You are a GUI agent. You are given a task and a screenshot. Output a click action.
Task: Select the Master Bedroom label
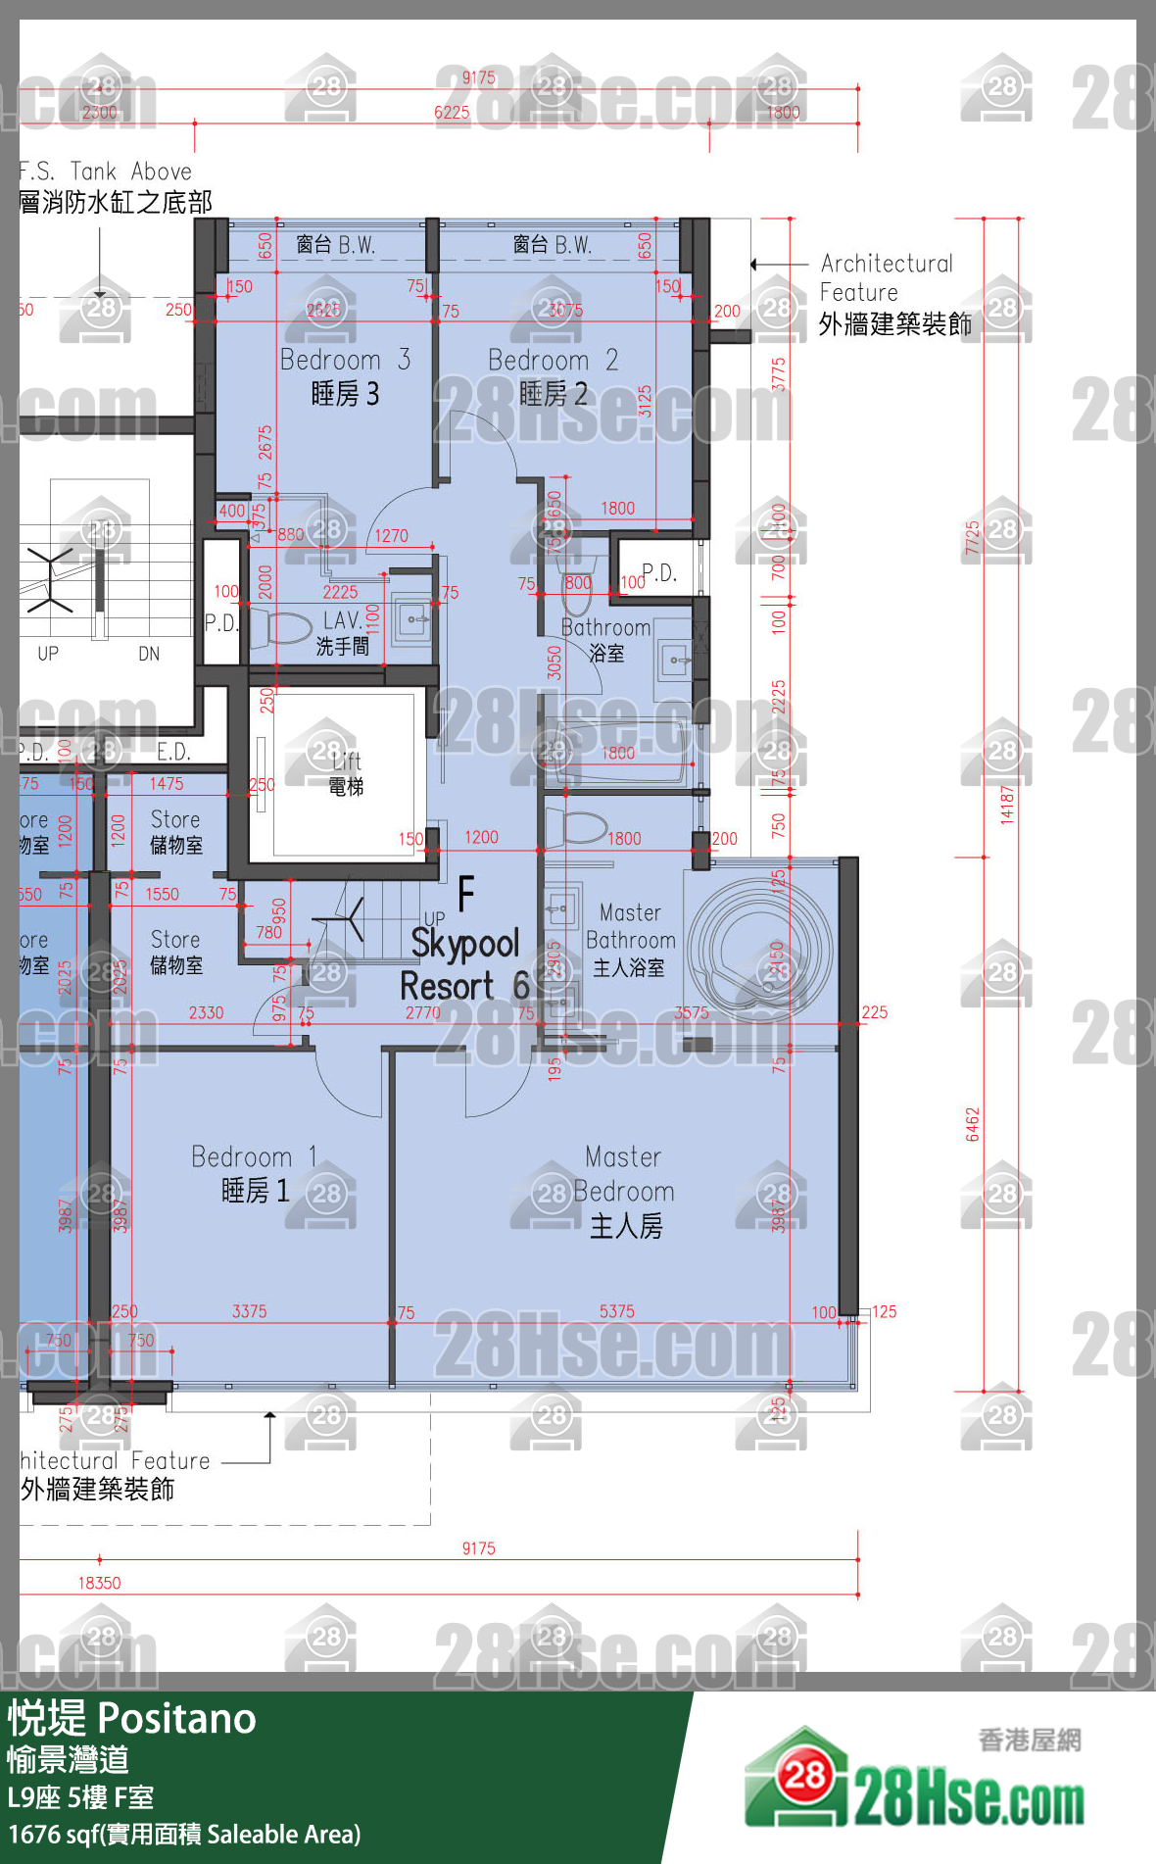click(625, 1191)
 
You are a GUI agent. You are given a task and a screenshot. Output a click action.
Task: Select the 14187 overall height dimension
click(1006, 804)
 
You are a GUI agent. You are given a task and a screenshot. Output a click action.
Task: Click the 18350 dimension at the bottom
click(99, 1583)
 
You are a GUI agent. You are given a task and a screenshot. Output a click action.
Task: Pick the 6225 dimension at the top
click(452, 113)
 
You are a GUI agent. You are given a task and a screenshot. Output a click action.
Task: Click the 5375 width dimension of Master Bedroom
click(616, 1311)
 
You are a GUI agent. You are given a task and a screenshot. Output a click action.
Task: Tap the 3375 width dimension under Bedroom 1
click(249, 1311)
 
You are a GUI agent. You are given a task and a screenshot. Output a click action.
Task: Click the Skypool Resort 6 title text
click(465, 964)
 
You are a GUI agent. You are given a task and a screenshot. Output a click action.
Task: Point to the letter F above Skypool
click(466, 893)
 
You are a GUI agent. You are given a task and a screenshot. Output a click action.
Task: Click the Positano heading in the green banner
click(176, 1719)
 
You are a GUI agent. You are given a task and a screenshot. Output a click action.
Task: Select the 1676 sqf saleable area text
click(184, 1834)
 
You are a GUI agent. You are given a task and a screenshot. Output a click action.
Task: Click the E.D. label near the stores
click(173, 752)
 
